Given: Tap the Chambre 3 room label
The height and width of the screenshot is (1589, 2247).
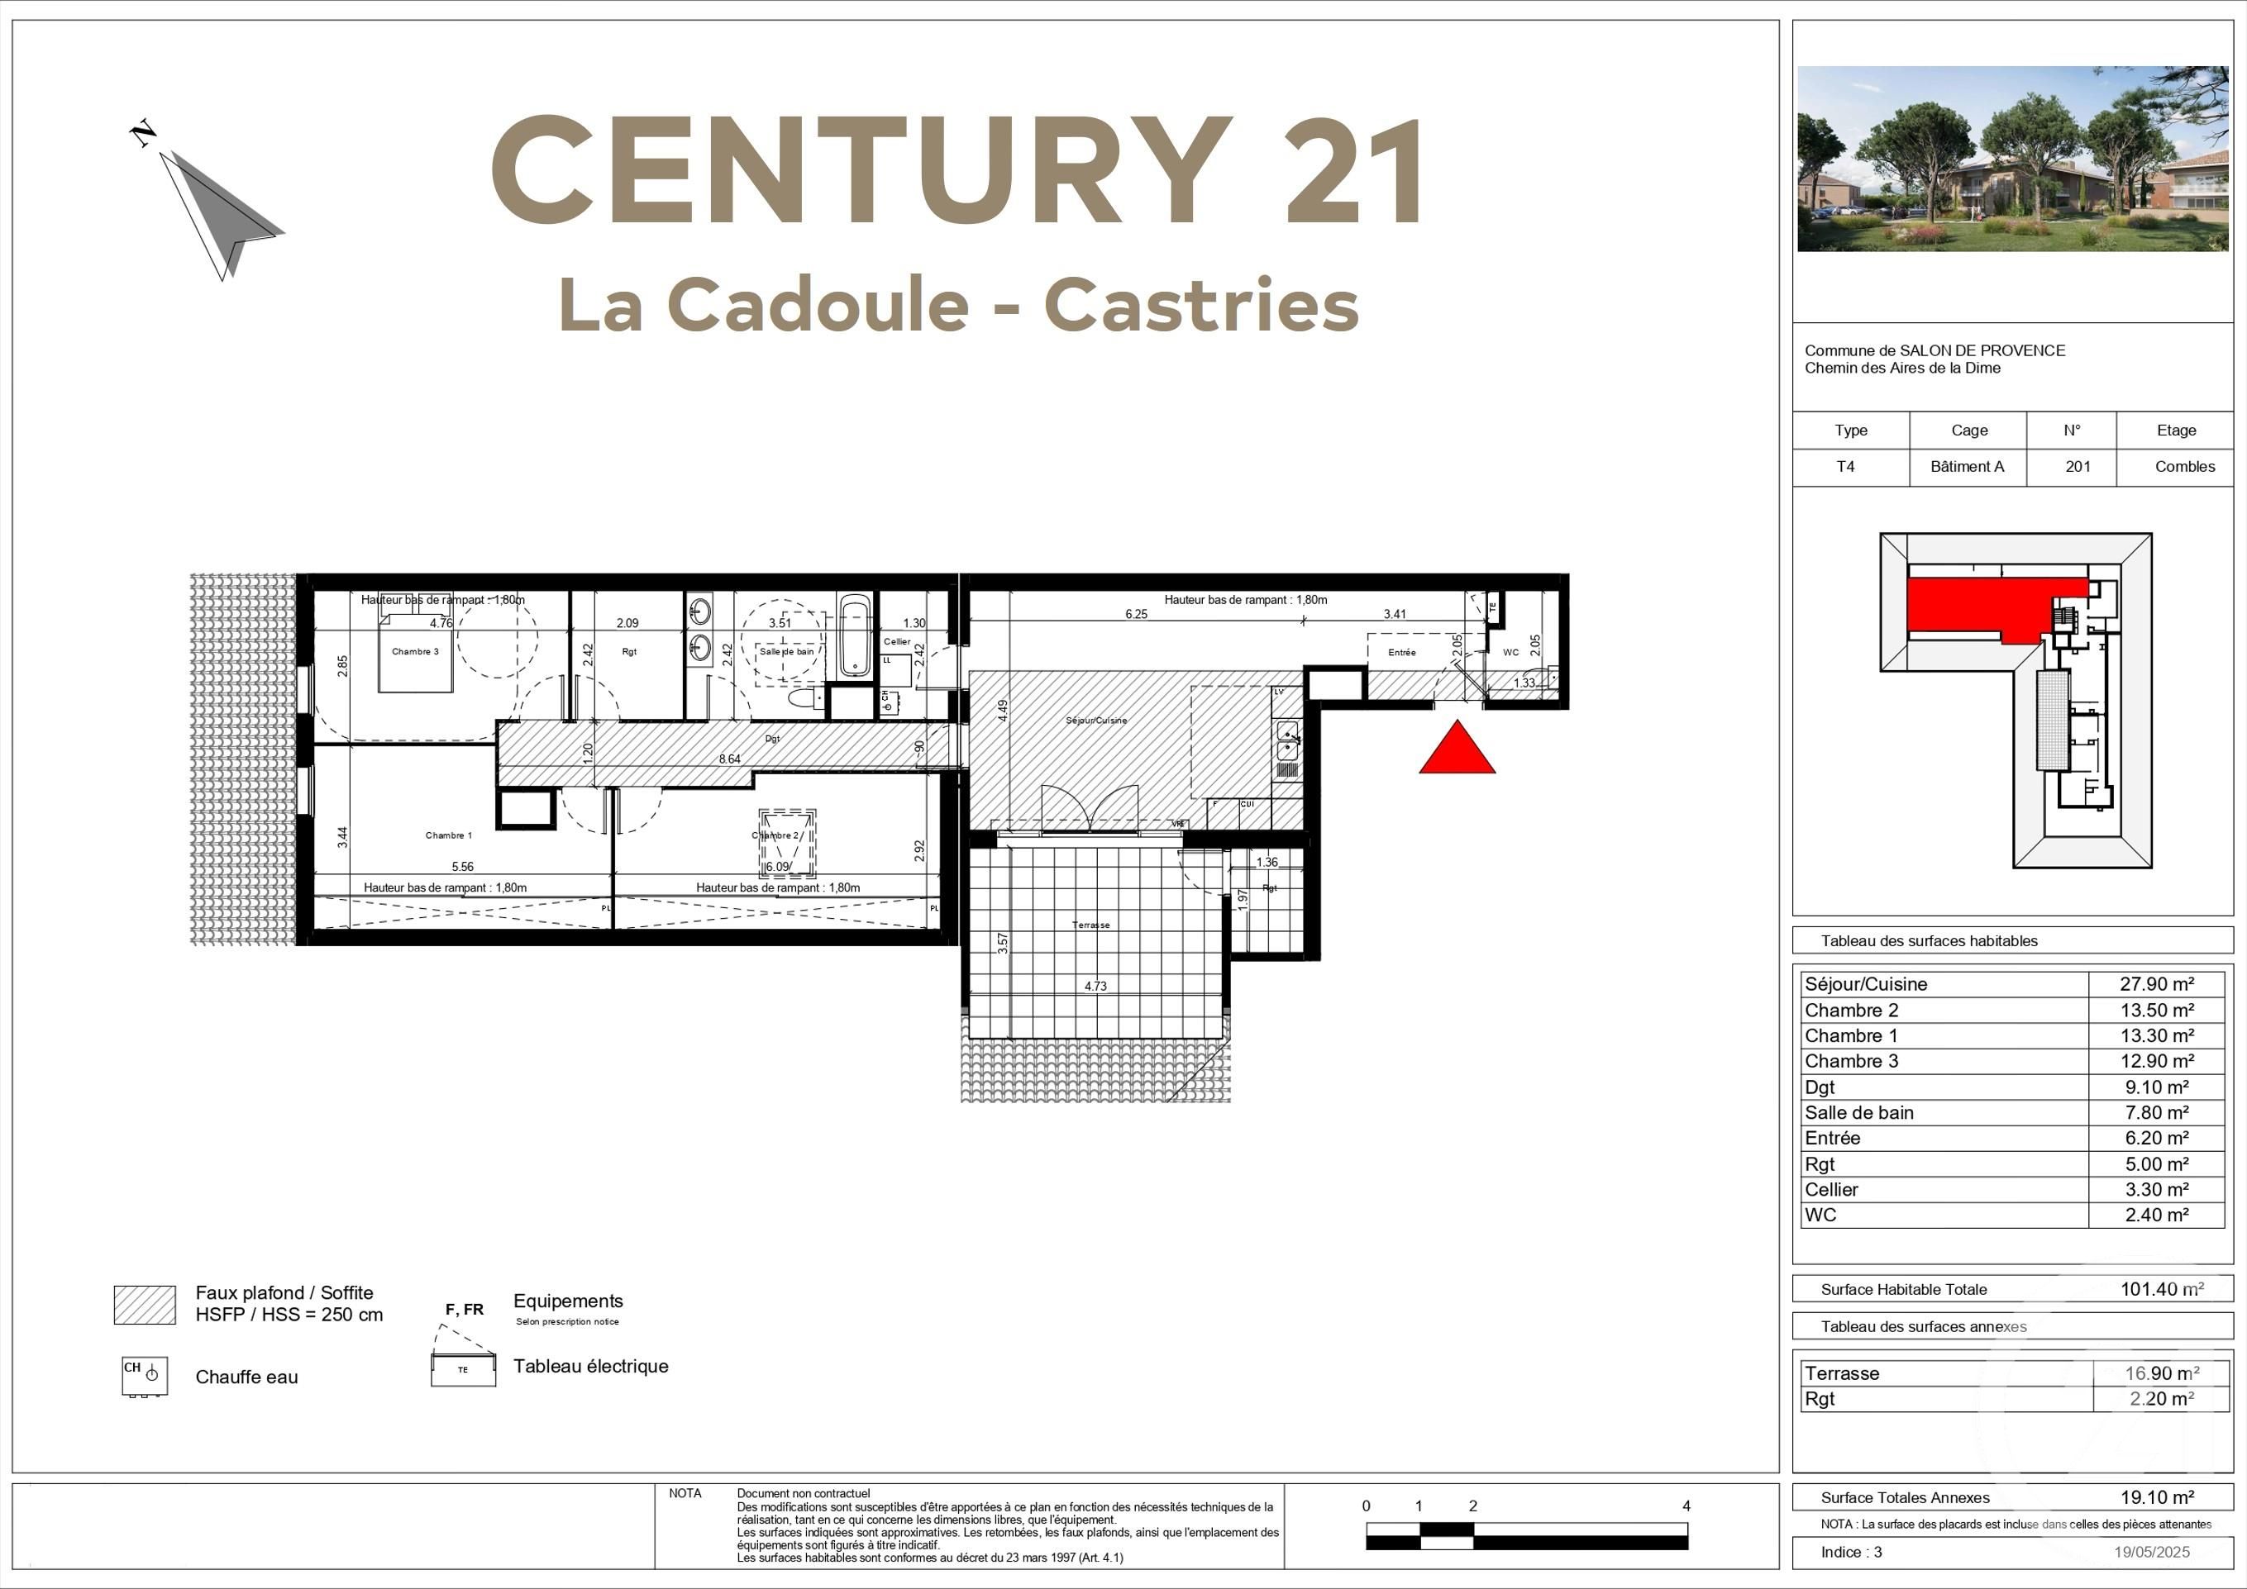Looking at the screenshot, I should tap(415, 652).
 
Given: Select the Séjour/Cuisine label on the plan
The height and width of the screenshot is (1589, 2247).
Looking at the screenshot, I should tap(1096, 721).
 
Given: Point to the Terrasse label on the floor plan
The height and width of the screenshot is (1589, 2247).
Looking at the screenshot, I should tap(1090, 925).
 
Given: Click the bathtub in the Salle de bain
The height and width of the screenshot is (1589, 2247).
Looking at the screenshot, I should tap(854, 637).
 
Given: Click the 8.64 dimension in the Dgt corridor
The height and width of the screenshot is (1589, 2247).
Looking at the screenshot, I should tap(729, 759).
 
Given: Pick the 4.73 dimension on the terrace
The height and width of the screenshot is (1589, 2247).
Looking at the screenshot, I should tap(1095, 987).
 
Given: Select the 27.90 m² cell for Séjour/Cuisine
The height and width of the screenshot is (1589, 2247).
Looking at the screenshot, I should tap(2156, 984).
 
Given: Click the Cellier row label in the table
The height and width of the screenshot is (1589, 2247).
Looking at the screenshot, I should tap(1831, 1190).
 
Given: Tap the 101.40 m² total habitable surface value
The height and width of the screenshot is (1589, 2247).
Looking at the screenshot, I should tap(2161, 1290).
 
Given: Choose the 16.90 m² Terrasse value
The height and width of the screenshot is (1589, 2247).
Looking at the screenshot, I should tap(2162, 1373).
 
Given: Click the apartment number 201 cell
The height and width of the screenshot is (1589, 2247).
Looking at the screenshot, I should tap(2078, 467).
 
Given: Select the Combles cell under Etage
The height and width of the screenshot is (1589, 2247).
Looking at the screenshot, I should tap(2184, 467).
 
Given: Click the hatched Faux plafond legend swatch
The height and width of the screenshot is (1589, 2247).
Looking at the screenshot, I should tap(145, 1304).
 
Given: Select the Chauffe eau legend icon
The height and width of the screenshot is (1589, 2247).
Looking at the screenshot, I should tap(145, 1376).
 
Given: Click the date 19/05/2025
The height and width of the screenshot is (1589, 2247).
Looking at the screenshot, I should tap(2151, 1552).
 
